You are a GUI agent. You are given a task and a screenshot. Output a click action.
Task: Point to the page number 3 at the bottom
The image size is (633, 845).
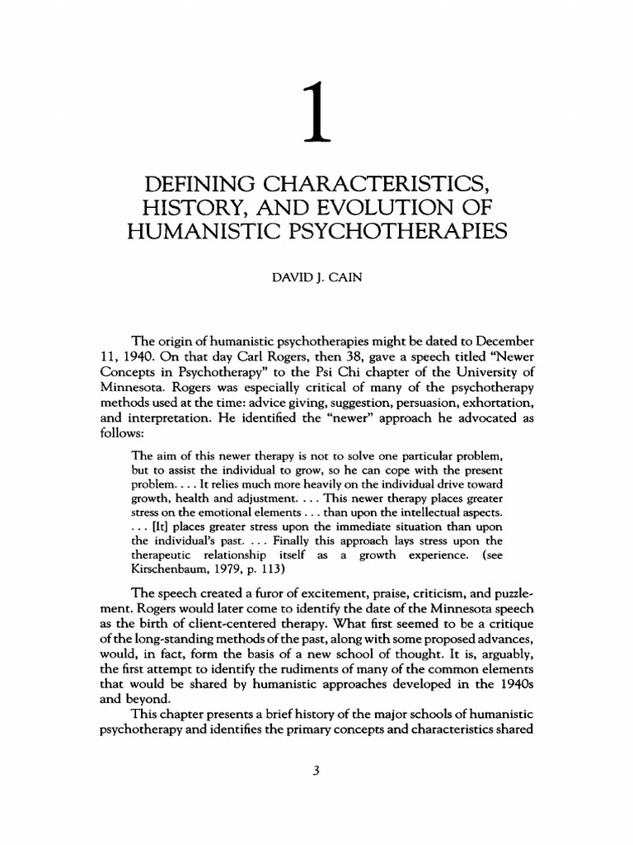[x=316, y=772]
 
